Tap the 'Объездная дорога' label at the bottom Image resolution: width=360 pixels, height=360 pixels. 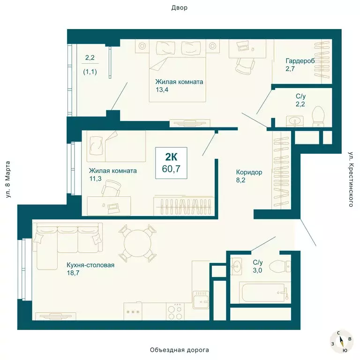point(179,350)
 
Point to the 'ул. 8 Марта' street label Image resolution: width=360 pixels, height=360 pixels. point(8,180)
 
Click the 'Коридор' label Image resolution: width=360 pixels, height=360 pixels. point(249,172)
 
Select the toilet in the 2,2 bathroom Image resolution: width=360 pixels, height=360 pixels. point(319,116)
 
